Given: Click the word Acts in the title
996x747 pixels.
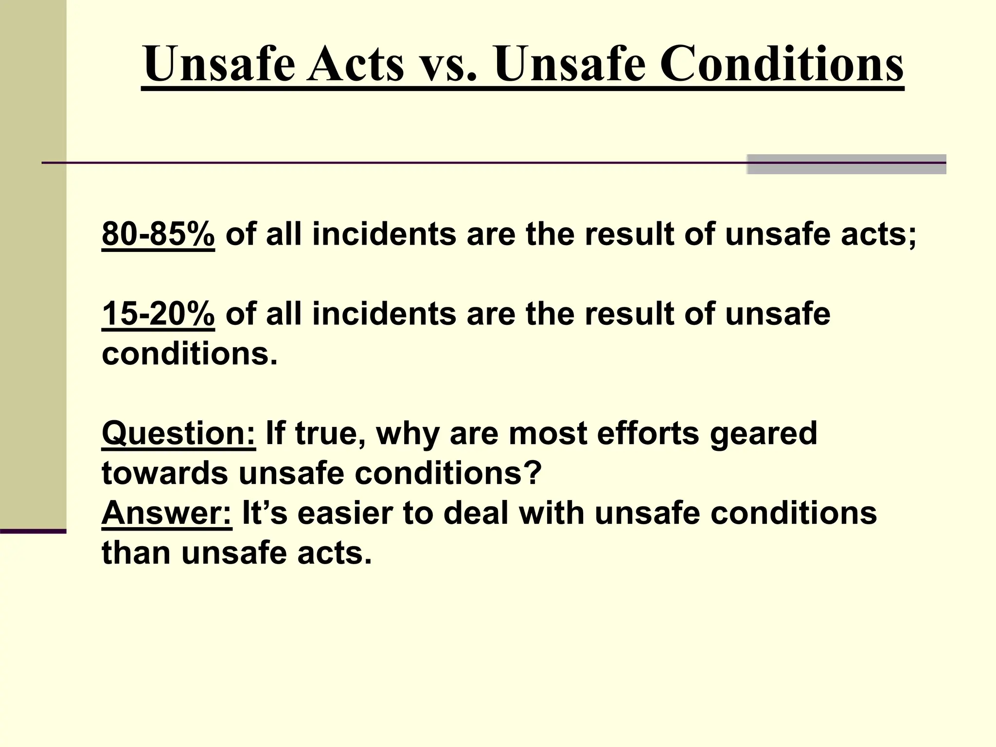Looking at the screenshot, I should [x=356, y=64].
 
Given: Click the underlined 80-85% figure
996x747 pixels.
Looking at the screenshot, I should [x=158, y=234].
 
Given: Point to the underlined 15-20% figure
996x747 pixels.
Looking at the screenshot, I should [x=158, y=314].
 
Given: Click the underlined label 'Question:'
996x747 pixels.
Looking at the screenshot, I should [x=178, y=433].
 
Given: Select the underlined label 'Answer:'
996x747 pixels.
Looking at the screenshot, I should [x=167, y=513].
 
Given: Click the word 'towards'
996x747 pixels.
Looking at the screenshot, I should [x=164, y=473].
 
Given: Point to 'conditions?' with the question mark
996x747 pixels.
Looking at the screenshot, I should [x=448, y=473].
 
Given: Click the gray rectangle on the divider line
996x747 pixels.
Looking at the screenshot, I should [x=846, y=164].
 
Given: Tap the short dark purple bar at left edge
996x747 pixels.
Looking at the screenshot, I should [x=33, y=531].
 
